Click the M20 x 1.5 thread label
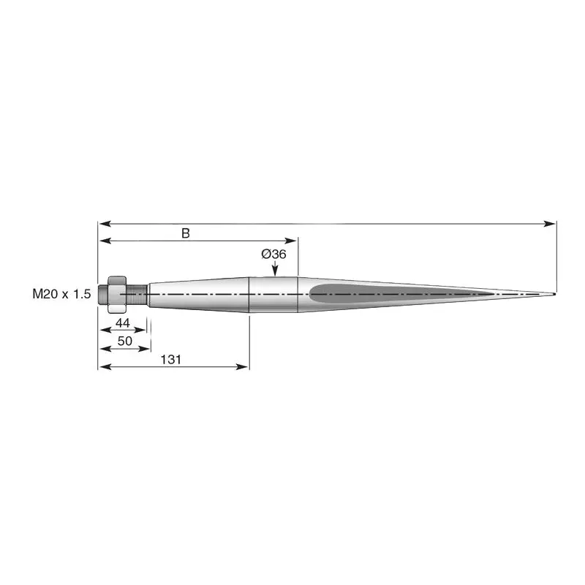pyautogui.click(x=61, y=294)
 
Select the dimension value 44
pyautogui.click(x=123, y=322)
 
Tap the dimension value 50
pyautogui.click(x=125, y=341)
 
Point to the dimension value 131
pyautogui.click(x=171, y=360)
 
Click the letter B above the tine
pyautogui.click(x=186, y=233)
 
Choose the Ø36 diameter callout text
pyautogui.click(x=273, y=254)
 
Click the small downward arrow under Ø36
pyautogui.click(x=275, y=268)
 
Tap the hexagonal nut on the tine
pyautogui.click(x=117, y=295)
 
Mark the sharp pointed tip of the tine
pyautogui.click(x=555, y=294)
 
